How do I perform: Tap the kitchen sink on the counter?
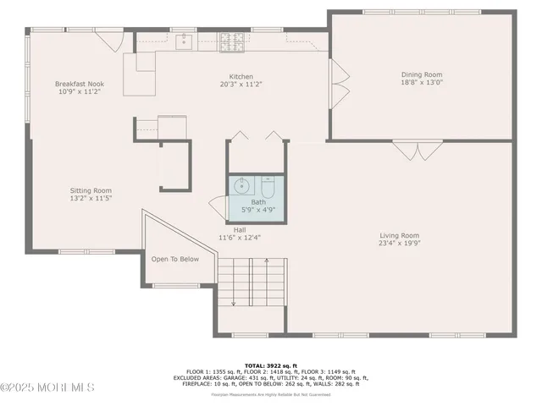(x=184, y=40)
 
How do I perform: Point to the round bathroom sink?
(x=241, y=185)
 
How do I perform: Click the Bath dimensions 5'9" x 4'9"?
(x=257, y=211)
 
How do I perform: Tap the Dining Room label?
(x=421, y=74)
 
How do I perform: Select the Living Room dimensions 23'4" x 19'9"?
(x=398, y=244)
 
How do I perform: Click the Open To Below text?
(x=174, y=259)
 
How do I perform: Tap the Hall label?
(x=240, y=229)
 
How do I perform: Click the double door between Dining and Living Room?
(x=417, y=150)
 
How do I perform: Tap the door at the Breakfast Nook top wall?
(x=109, y=41)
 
